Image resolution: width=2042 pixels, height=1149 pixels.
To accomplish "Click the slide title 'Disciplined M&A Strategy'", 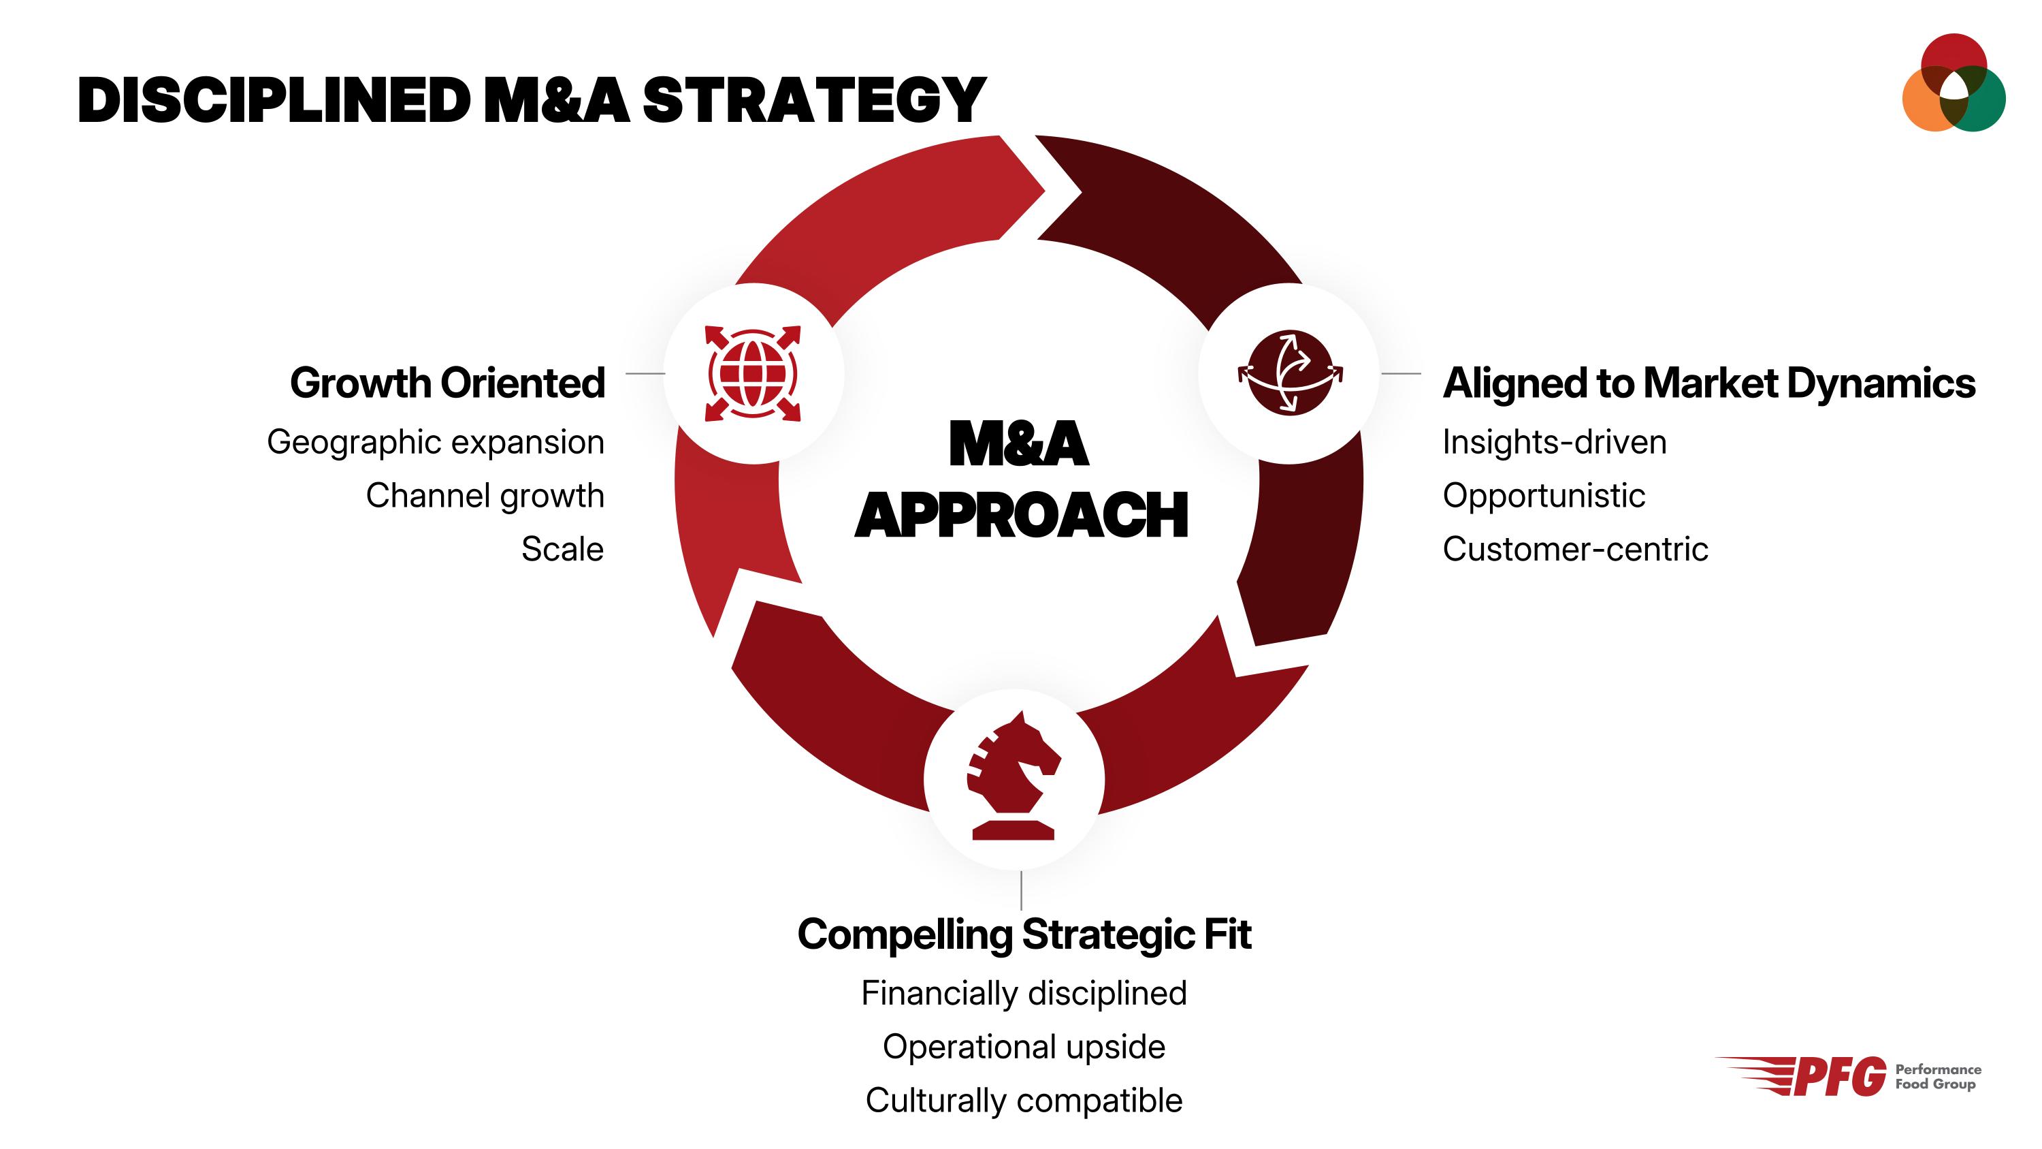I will pyautogui.click(x=531, y=101).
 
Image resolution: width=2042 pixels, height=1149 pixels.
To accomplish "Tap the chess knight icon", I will pyautogui.click(x=1014, y=776).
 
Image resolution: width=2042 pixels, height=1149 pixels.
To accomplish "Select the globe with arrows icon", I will pyautogui.click(x=752, y=373).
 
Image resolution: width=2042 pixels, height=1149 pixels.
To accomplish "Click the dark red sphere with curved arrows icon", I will pyautogui.click(x=1290, y=373).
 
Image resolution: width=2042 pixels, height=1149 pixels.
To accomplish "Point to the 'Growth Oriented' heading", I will pyautogui.click(x=447, y=383).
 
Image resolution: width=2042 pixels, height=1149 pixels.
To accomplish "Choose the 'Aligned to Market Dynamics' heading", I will pyautogui.click(x=1708, y=383).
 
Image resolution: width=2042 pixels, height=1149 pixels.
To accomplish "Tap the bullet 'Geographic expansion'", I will pyautogui.click(x=435, y=441).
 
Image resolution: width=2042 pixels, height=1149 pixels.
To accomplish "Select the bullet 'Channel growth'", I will pyautogui.click(x=485, y=496).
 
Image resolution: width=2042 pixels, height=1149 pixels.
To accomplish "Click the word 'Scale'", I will pyautogui.click(x=562, y=549).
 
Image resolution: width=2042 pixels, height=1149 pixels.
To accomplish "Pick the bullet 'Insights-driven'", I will pyautogui.click(x=1554, y=441).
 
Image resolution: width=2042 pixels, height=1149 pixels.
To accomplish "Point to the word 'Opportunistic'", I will pyautogui.click(x=1543, y=496).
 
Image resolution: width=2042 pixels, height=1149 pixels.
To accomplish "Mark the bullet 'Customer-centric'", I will pyautogui.click(x=1574, y=549).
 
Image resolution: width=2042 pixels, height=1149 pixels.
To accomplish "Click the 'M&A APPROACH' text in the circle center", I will pyautogui.click(x=1020, y=479).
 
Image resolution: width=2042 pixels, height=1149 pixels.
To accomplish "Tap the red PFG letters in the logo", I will pyautogui.click(x=1839, y=1077).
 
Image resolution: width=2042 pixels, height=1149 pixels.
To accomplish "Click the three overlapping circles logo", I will pyautogui.click(x=1954, y=83).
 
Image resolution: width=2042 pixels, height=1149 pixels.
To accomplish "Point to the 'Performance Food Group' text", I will pyautogui.click(x=1937, y=1077).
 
